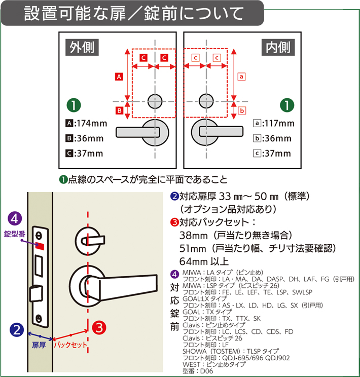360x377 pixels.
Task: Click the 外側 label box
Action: [x=82, y=47]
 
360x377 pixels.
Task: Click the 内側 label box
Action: [x=278, y=47]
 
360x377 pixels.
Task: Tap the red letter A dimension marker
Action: [x=119, y=77]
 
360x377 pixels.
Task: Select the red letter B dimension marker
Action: [x=119, y=110]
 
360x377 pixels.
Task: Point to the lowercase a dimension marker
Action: [x=241, y=77]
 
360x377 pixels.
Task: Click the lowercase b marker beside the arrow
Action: [x=242, y=110]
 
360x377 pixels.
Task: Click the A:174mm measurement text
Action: [x=86, y=123]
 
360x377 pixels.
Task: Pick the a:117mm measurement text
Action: [x=274, y=123]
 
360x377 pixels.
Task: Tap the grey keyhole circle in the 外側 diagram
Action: [x=155, y=101]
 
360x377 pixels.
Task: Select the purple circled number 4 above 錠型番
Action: [x=15, y=218]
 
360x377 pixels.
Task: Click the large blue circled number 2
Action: [x=17, y=330]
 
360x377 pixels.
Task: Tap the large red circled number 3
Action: [x=99, y=327]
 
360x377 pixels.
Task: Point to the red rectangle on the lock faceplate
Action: [x=40, y=246]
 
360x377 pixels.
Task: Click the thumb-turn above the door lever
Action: [x=90, y=240]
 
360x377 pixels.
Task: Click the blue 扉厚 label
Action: [x=39, y=346]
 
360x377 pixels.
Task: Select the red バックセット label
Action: [x=70, y=345]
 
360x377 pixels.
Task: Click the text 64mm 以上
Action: [x=204, y=261]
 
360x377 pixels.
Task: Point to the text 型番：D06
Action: [x=198, y=371]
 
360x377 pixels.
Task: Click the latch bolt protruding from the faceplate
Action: [x=36, y=293]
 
